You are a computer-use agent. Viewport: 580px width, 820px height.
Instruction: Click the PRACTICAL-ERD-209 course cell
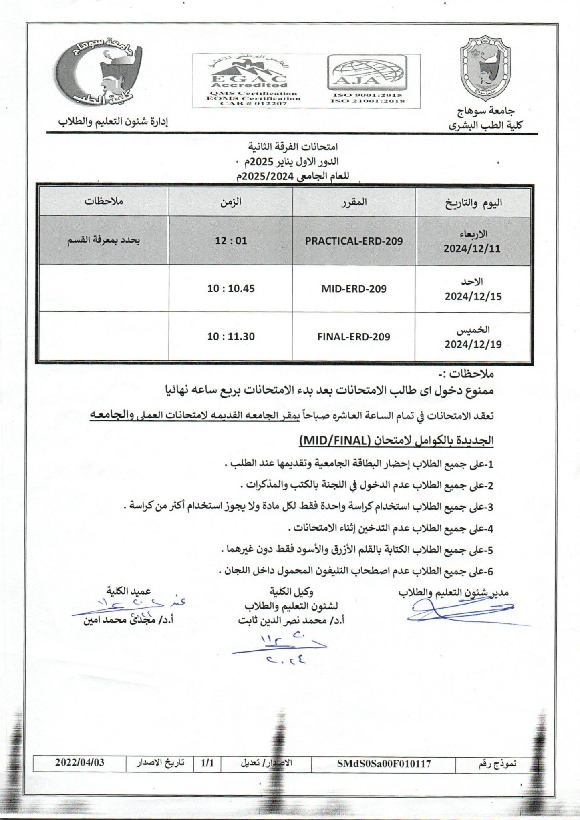pyautogui.click(x=354, y=241)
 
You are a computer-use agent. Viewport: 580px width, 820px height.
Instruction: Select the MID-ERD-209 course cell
pyautogui.click(x=354, y=289)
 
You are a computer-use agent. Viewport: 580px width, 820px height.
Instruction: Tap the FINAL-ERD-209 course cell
pyautogui.click(x=354, y=337)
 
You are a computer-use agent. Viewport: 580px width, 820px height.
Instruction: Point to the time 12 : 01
pyautogui.click(x=231, y=241)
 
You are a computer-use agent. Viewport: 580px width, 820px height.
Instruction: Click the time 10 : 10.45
pyautogui.click(x=231, y=288)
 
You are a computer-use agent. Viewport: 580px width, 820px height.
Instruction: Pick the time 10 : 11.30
pyautogui.click(x=231, y=336)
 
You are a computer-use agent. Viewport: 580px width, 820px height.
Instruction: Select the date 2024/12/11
pyautogui.click(x=472, y=248)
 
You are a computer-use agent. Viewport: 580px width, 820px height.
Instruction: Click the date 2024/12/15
pyautogui.click(x=473, y=297)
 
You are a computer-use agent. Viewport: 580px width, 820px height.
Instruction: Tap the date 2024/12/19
pyautogui.click(x=473, y=344)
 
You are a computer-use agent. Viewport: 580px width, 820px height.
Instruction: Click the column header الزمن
pyautogui.click(x=231, y=202)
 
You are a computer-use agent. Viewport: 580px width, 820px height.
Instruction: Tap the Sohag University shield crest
pyautogui.click(x=485, y=70)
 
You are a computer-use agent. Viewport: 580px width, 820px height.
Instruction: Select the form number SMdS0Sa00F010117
pyautogui.click(x=384, y=764)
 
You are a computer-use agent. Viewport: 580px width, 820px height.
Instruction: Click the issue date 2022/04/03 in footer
pyautogui.click(x=80, y=762)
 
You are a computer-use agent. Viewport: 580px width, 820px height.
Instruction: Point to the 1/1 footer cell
pyautogui.click(x=207, y=763)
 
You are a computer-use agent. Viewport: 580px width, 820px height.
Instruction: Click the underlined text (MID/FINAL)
pyautogui.click(x=334, y=441)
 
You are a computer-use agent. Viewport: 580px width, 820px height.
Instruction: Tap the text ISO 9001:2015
pyautogui.click(x=367, y=95)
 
